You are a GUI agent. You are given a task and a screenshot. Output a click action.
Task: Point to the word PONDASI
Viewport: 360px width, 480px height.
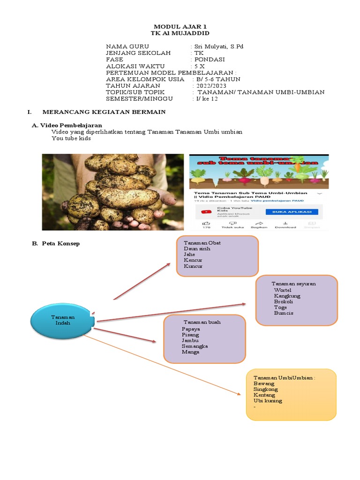pos(210,60)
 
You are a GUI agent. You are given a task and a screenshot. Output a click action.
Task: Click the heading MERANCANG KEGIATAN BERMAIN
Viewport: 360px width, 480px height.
pos(104,112)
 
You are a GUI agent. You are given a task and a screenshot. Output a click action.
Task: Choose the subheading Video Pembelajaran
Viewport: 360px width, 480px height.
pos(71,126)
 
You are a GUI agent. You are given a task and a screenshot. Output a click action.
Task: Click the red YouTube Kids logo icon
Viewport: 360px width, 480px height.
pos(206,212)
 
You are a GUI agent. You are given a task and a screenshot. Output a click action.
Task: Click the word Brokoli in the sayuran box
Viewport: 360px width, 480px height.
pos(284,301)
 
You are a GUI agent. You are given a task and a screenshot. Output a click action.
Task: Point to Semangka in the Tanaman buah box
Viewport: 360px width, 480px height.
pos(195,346)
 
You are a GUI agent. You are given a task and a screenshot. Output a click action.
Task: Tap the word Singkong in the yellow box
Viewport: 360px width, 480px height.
pos(265,389)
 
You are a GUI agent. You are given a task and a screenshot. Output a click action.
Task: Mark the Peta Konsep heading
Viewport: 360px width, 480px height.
pos(60,243)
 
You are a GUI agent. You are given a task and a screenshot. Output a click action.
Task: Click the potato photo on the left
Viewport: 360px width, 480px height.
pos(112,192)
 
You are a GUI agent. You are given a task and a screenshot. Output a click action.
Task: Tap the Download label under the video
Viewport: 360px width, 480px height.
pos(285,227)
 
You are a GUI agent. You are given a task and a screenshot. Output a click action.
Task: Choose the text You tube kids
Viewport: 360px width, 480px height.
pos(71,138)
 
